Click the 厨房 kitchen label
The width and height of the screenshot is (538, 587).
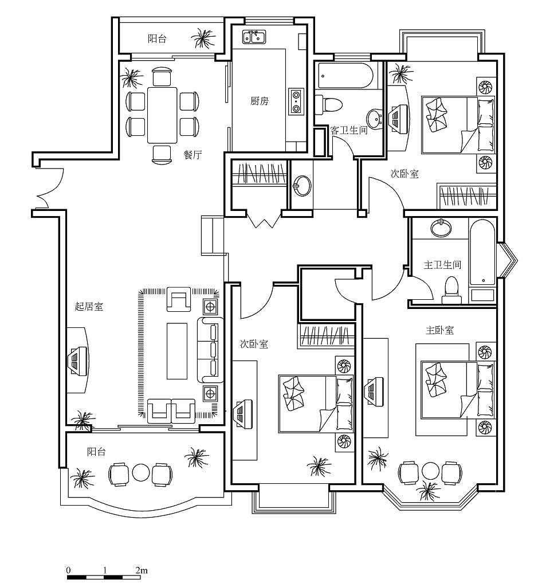click(x=260, y=101)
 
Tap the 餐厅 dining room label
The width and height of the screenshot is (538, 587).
click(x=193, y=155)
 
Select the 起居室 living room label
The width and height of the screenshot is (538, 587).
click(x=89, y=307)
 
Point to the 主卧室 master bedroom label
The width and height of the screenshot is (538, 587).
click(x=439, y=330)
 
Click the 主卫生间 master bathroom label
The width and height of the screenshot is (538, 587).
click(x=442, y=265)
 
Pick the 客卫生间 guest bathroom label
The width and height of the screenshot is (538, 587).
click(x=349, y=131)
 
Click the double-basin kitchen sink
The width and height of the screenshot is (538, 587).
click(x=253, y=37)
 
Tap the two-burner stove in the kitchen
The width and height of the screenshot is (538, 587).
click(x=296, y=101)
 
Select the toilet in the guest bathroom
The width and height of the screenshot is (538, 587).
click(x=329, y=104)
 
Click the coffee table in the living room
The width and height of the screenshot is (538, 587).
click(x=177, y=350)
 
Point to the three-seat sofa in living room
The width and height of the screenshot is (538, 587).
click(x=210, y=350)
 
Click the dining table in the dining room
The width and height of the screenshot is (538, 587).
click(x=162, y=114)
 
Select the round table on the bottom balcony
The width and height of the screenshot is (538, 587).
click(x=140, y=473)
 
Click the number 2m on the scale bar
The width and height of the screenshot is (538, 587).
click(x=141, y=570)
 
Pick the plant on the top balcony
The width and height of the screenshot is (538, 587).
click(x=203, y=39)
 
